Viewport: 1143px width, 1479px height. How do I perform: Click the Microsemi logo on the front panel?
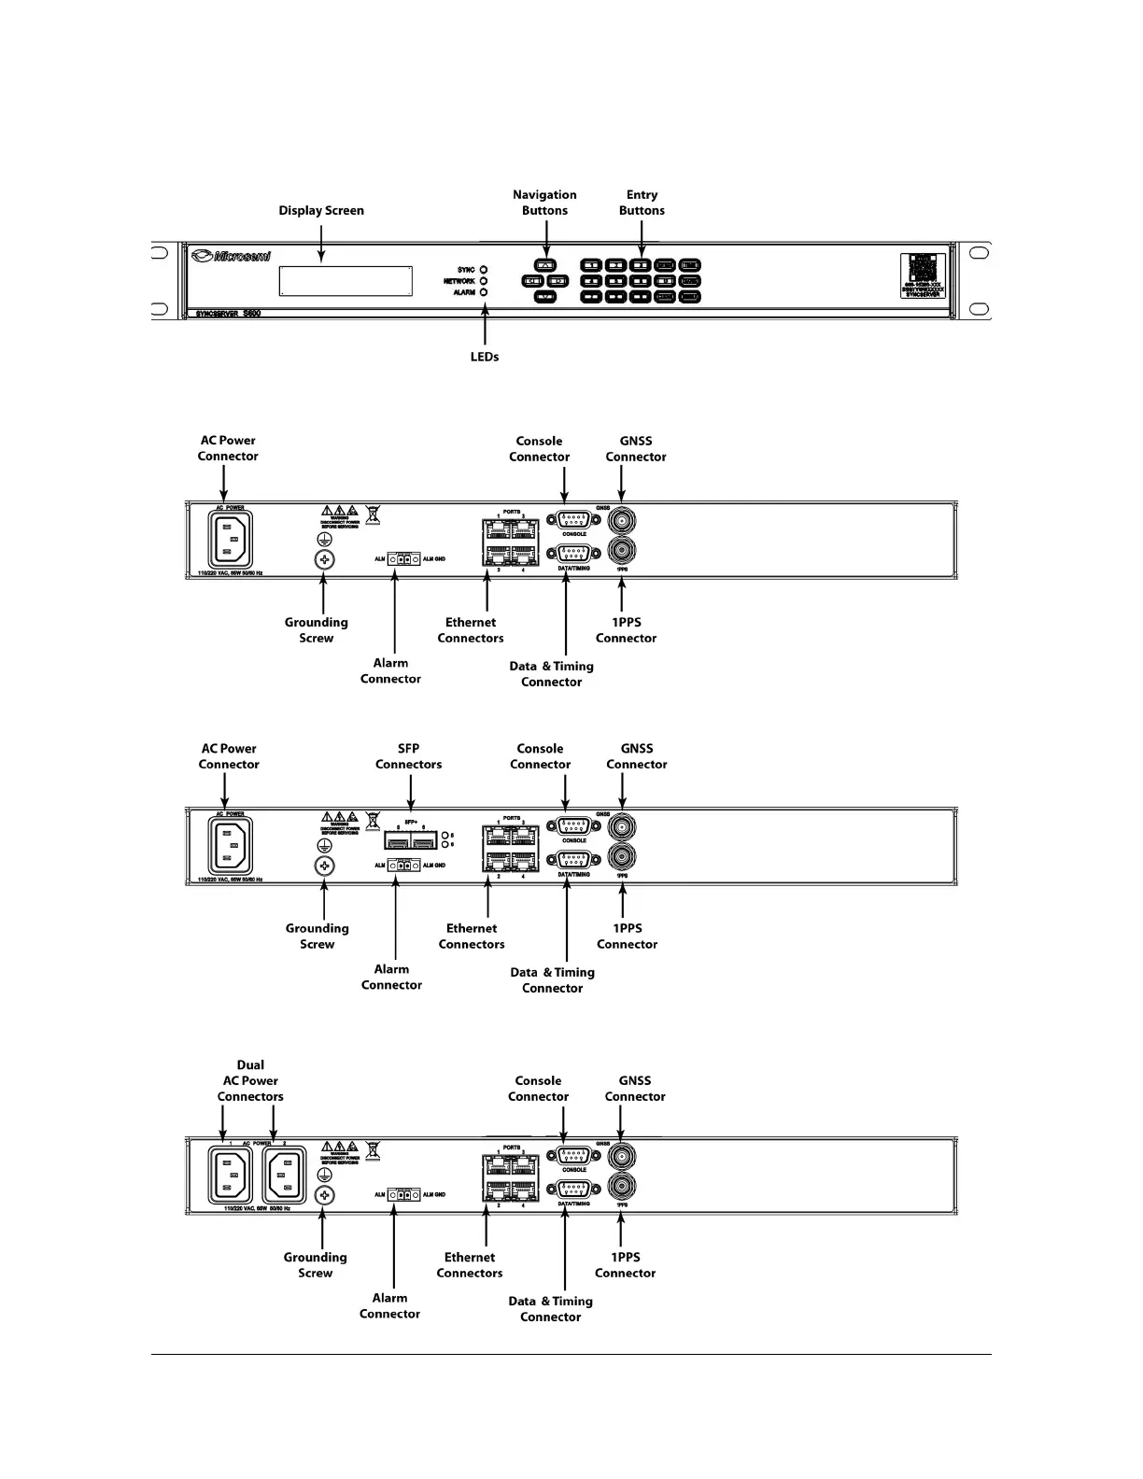click(x=231, y=256)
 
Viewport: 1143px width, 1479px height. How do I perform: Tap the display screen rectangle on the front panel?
click(x=346, y=281)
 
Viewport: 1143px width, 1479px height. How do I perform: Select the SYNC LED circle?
click(x=484, y=270)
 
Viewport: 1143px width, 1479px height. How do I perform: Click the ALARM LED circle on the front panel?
click(x=484, y=292)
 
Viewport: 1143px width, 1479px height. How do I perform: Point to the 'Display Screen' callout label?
click(x=321, y=211)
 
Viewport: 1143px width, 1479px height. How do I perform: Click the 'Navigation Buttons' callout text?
click(x=544, y=203)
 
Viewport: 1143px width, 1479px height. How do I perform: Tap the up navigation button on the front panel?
click(x=545, y=265)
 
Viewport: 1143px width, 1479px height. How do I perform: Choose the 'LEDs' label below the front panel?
click(x=485, y=357)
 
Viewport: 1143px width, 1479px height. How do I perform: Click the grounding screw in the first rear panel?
click(x=324, y=560)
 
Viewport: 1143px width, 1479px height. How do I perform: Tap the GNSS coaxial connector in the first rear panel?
click(x=622, y=518)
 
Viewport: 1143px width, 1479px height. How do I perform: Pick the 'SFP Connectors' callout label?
click(x=409, y=756)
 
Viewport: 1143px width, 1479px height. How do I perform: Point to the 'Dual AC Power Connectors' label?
click(x=250, y=1081)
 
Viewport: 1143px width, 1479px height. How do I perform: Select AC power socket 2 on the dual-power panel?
click(x=284, y=1175)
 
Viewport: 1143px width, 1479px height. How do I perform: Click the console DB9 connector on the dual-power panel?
click(x=573, y=1156)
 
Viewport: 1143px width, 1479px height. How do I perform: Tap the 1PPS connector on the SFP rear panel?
click(x=622, y=857)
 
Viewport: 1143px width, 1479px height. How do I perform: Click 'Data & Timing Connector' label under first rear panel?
click(x=552, y=674)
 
